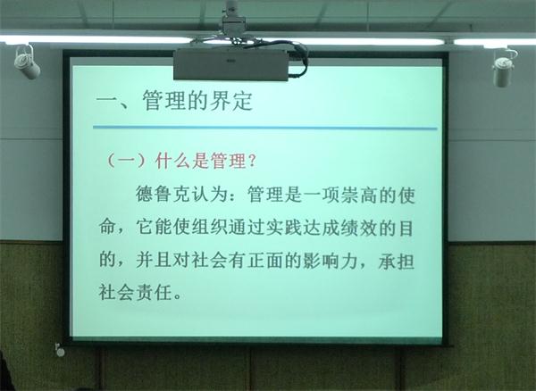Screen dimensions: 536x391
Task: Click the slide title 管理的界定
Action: click(197, 100)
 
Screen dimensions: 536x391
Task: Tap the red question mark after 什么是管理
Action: click(253, 161)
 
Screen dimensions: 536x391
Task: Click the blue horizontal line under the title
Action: click(265, 128)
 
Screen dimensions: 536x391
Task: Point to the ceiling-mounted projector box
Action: click(231, 64)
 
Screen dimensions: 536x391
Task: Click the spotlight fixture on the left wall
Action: click(26, 62)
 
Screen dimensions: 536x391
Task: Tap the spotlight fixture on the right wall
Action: click(504, 69)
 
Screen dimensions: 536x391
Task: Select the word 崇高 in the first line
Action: click(359, 195)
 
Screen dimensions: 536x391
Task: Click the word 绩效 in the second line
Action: click(359, 228)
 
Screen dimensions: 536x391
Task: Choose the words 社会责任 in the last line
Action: click(136, 293)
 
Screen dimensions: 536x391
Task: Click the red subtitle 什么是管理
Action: click(200, 161)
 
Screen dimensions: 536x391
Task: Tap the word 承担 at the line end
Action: click(397, 262)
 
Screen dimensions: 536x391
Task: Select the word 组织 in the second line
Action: click(209, 227)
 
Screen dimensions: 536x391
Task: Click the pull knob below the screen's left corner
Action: click(60, 352)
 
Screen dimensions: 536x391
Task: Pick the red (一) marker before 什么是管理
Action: click(127, 161)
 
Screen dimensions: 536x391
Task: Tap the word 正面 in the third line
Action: click(265, 261)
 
